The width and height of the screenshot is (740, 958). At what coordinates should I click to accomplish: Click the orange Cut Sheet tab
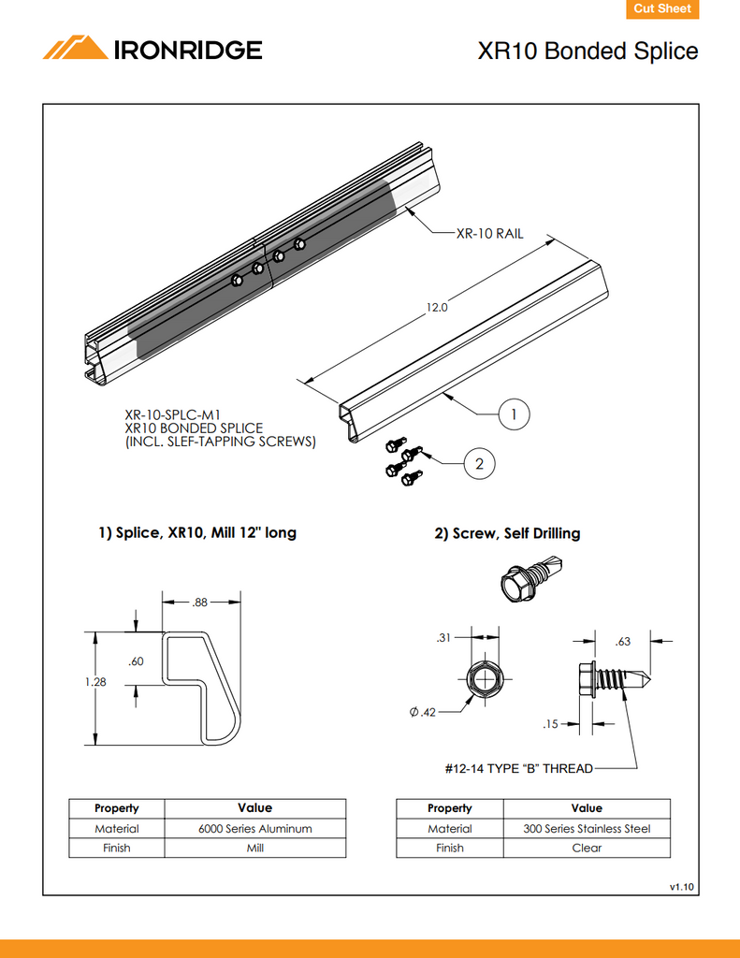[x=661, y=9]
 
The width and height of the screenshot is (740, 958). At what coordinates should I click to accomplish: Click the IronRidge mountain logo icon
[x=76, y=48]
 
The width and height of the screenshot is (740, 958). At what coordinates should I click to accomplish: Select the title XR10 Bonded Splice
[x=588, y=51]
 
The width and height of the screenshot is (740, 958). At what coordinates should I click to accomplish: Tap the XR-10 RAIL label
[x=489, y=234]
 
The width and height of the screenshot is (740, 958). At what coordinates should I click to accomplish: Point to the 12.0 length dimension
[x=438, y=307]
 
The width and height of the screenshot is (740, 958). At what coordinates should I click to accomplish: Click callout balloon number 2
[x=479, y=463]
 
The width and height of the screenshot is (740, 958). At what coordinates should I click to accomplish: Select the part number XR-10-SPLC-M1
[x=173, y=414]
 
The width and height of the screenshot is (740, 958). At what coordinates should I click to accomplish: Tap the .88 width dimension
[x=199, y=603]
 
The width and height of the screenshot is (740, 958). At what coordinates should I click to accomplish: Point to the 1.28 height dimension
[x=96, y=682]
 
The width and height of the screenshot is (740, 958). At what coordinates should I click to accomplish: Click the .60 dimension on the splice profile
[x=136, y=661]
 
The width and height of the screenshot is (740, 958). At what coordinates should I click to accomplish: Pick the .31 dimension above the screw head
[x=444, y=638]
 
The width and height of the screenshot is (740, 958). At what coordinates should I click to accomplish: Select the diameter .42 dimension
[x=423, y=713]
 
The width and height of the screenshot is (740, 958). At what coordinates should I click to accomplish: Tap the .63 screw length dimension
[x=623, y=642]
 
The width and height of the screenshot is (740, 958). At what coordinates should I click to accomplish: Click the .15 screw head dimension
[x=550, y=724]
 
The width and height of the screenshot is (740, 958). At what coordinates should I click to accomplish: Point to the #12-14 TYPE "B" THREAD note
[x=517, y=769]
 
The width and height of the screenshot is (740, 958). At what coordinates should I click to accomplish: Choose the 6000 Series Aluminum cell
[x=254, y=829]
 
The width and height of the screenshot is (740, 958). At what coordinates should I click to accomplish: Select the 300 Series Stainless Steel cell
[x=587, y=829]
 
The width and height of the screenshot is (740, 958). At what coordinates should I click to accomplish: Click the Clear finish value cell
[x=587, y=849]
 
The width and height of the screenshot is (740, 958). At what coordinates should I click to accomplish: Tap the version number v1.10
[x=681, y=885]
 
